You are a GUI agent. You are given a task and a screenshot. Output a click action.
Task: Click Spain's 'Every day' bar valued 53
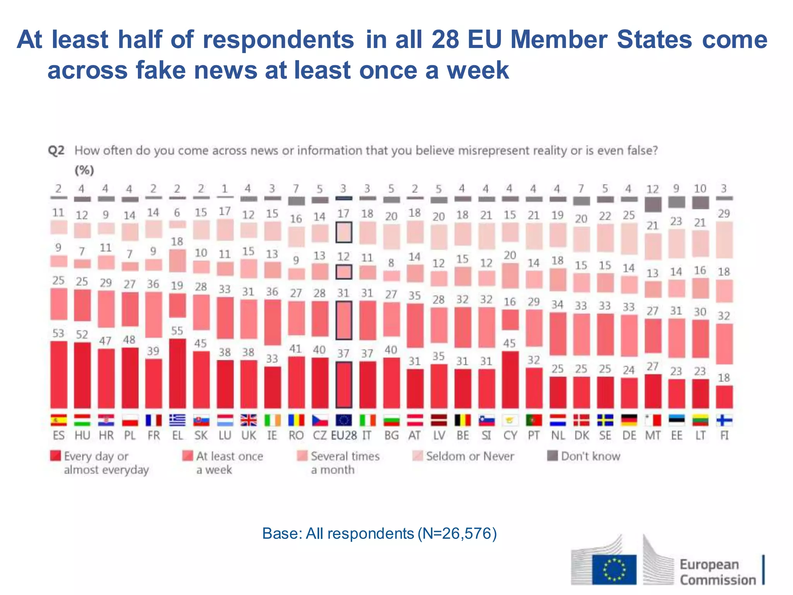[58, 375]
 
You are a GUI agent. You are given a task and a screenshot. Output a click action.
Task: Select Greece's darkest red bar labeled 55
[177, 373]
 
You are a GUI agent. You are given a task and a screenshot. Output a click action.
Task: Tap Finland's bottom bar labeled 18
[724, 397]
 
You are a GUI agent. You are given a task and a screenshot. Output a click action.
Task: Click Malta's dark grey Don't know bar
[652, 204]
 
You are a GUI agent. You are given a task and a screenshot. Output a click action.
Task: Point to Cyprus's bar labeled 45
[510, 380]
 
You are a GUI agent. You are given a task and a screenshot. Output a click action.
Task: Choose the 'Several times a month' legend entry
[338, 463]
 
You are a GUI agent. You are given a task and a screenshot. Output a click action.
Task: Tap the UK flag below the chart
[248, 420]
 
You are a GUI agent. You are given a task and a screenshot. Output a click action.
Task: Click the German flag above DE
[629, 420]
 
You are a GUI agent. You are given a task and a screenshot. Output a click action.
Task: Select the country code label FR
[154, 435]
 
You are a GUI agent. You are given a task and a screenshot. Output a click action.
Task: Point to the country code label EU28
[343, 435]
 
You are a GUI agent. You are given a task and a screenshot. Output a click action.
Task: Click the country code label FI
[724, 435]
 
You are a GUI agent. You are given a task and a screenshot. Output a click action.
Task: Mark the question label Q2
[56, 150]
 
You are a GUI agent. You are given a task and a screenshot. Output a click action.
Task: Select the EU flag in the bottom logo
[614, 569]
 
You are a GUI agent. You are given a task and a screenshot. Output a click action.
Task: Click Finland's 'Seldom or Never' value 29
[724, 213]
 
